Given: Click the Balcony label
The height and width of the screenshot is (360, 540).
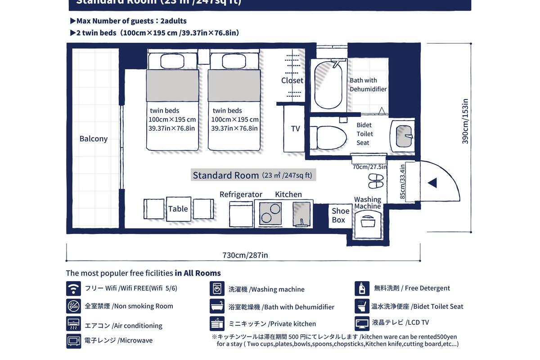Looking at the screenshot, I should pos(94,139).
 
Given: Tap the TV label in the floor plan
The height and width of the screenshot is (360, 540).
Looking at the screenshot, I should pos(295,129).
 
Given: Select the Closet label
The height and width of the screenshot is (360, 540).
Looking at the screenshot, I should pos(292,81).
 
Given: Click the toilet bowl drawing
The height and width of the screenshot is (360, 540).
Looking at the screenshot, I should pos(331,137).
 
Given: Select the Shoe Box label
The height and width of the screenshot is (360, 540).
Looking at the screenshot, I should pos(340,215).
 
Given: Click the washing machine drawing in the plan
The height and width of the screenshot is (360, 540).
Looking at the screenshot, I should pos(368,224).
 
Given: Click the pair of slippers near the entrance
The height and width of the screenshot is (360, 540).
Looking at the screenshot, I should pos(376,180).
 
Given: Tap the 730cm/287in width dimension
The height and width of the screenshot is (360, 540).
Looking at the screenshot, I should pos(245,255).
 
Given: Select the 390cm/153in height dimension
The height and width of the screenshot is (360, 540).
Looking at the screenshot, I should pos(465,121).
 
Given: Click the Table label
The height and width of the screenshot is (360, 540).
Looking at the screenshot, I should pos(178,209).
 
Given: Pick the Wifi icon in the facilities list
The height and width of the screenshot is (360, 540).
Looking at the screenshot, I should pos(73,288).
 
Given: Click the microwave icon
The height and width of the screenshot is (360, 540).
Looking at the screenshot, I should pos(73,341).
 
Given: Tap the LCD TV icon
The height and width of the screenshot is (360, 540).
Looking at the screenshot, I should pos(362,323).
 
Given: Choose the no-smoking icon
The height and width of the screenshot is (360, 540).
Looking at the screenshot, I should pos(73,306).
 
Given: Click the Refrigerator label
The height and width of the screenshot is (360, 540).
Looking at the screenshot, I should pos(241,194).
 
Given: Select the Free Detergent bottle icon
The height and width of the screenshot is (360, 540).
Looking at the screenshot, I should pos(362,288).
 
